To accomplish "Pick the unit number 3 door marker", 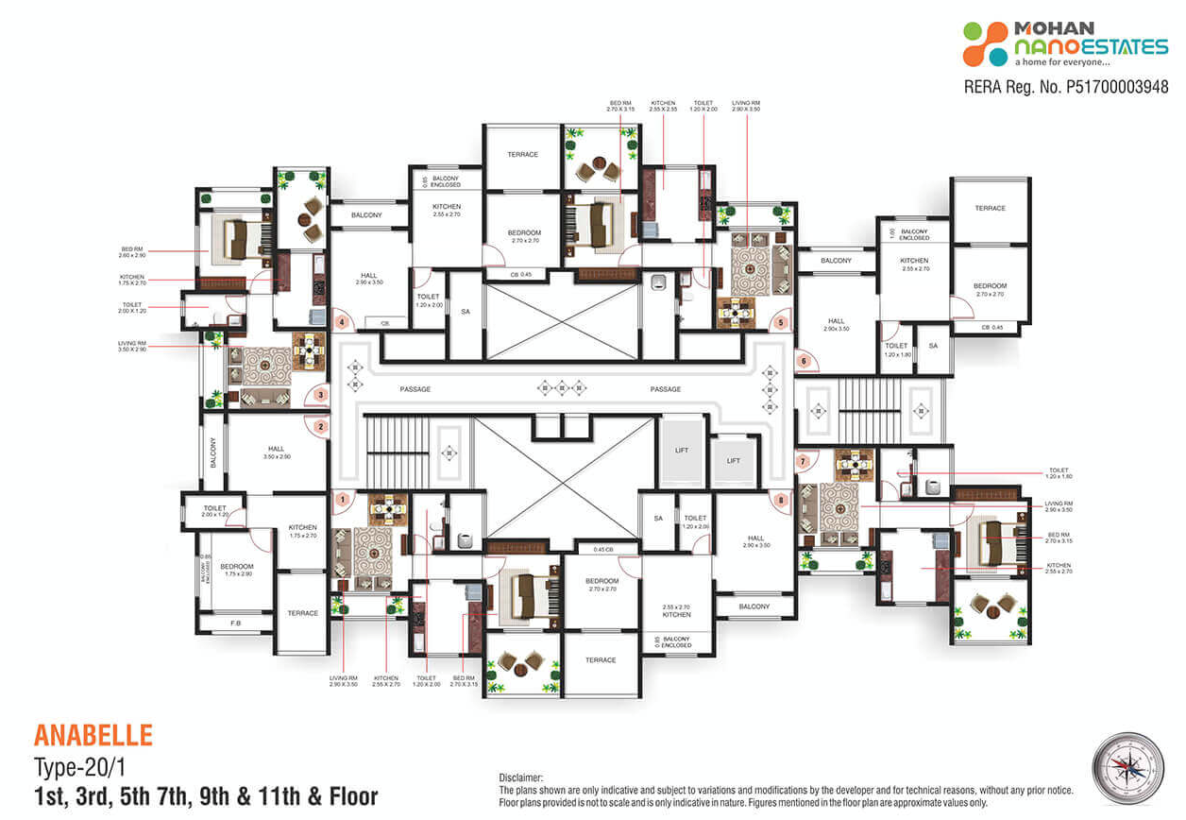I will pos(321,395).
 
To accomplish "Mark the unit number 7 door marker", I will pos(803,462).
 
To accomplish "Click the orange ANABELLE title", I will pos(93,735).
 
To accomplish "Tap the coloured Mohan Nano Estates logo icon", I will pos(985,43).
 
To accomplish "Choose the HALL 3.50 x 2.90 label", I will pos(276,453).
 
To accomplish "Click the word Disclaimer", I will pos(521,777).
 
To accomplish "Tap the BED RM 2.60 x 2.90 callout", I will pos(131,252).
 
